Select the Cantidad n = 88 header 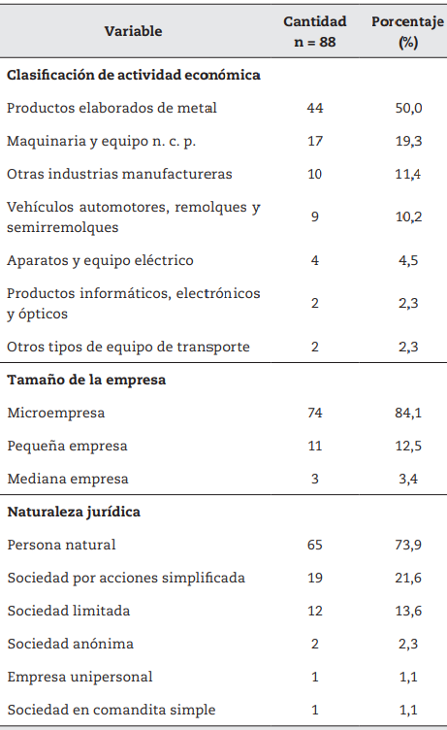tap(314, 32)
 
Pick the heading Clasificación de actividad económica tap(133, 74)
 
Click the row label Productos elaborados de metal tap(112, 108)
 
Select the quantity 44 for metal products tap(314, 108)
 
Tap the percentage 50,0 tap(407, 108)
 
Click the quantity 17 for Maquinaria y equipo tap(314, 142)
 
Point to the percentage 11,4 tap(407, 175)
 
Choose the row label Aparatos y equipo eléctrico tap(100, 260)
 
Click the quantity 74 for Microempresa tap(314, 413)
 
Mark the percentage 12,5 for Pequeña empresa tap(407, 446)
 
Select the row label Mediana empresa tap(67, 479)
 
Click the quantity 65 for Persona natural tap(314, 545)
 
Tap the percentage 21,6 tap(407, 578)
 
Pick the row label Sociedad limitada tap(68, 611)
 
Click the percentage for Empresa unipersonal tap(407, 677)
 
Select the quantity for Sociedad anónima tap(314, 644)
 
